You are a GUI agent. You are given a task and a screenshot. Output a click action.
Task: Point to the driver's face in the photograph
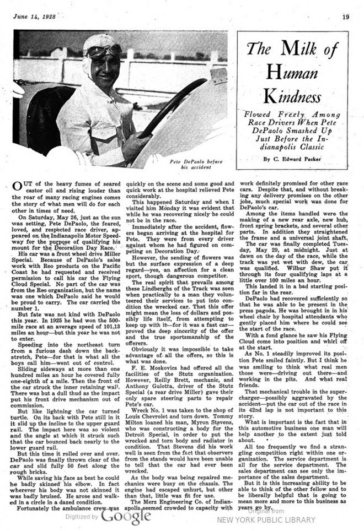point(105,69)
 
